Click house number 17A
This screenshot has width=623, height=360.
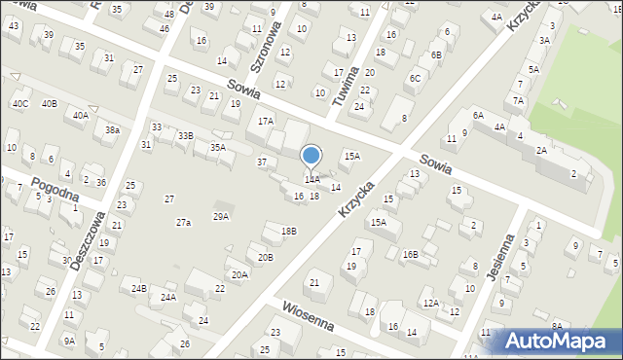tap(266, 122)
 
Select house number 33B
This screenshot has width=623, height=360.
tap(185, 136)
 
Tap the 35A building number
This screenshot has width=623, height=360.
tap(218, 148)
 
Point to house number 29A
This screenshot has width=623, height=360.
tap(221, 216)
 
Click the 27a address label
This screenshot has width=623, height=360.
tap(183, 223)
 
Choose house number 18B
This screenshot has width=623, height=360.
tap(288, 231)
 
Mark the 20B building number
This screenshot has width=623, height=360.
tap(265, 257)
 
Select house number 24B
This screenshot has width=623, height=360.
tap(138, 288)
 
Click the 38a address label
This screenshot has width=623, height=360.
tap(113, 130)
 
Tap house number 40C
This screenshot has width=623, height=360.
tap(19, 103)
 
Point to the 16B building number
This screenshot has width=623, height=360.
tap(410, 255)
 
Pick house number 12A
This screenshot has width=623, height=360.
tap(430, 303)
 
